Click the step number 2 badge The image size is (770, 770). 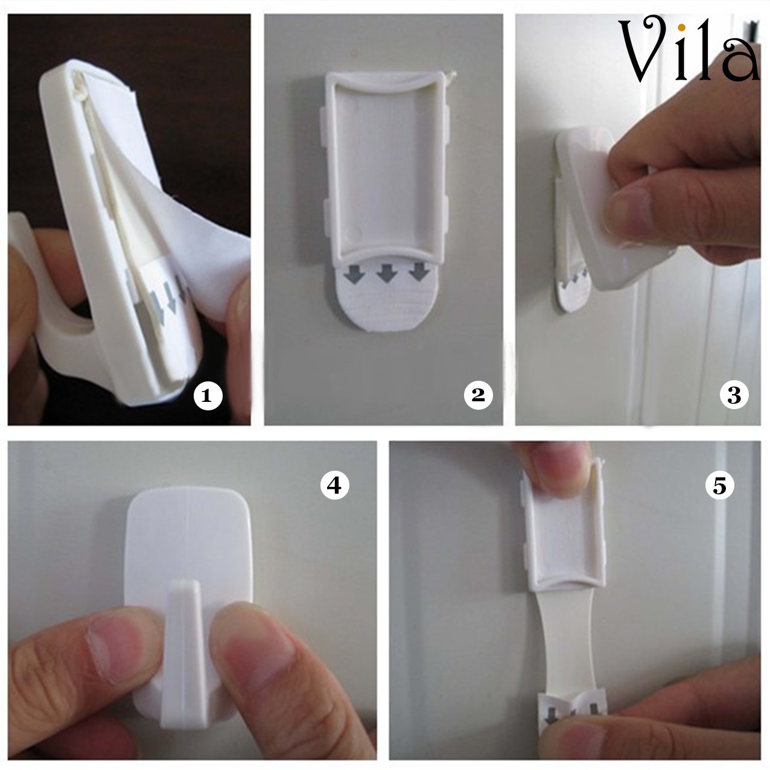[x=478, y=395]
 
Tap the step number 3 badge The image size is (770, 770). [x=734, y=395]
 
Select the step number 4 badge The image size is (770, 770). [x=334, y=485]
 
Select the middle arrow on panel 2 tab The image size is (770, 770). [x=386, y=275]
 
